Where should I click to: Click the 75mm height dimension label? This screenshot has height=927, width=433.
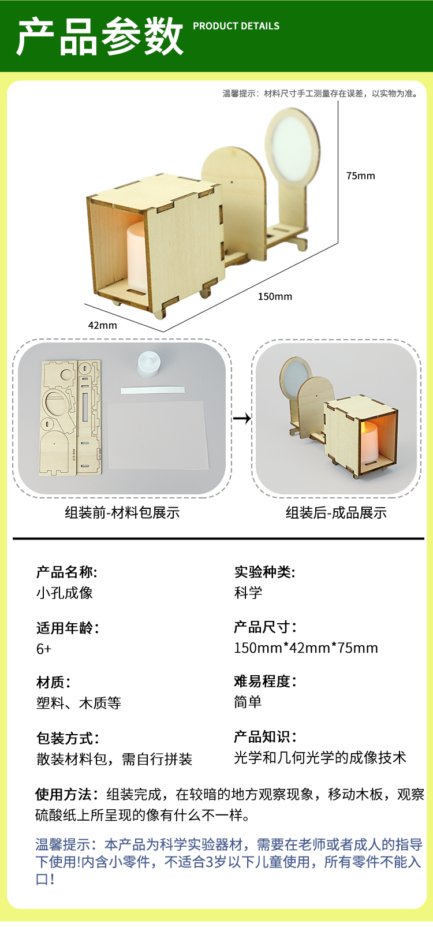point(360,176)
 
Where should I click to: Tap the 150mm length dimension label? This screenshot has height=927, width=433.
point(275,297)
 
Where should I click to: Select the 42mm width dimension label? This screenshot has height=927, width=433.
point(102,326)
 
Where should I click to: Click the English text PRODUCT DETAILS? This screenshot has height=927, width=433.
point(236,26)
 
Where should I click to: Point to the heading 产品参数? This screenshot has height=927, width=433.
point(100,36)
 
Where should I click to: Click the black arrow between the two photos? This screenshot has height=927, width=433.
point(242,418)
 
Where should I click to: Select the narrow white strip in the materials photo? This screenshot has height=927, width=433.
point(152,390)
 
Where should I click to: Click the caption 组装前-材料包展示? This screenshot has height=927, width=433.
point(122,512)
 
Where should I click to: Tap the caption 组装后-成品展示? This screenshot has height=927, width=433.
point(336,512)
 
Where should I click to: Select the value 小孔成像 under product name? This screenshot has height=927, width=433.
point(65,593)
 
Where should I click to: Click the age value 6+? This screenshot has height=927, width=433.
point(44,649)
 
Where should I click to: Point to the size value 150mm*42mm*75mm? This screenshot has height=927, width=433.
point(306,648)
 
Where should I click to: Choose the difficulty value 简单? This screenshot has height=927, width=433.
point(248,702)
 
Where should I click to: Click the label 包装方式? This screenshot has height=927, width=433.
point(68,738)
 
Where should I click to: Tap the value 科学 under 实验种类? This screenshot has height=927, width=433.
point(248,593)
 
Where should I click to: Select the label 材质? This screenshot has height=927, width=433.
point(53,683)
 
